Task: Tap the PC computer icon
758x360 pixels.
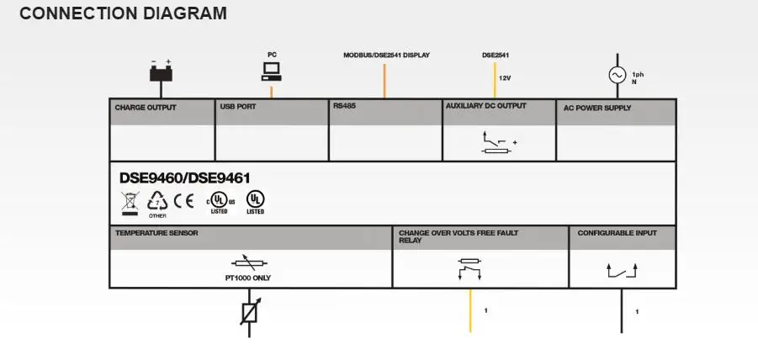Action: (271, 71)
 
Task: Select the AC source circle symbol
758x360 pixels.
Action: (618, 75)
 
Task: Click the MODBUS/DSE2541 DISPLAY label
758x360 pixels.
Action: (386, 55)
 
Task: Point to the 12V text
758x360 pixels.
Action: (505, 77)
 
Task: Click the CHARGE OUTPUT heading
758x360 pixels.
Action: (146, 108)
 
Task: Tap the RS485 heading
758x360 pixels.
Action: (344, 105)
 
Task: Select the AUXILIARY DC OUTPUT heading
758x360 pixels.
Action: (485, 105)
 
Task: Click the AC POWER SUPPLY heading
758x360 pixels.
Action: (597, 108)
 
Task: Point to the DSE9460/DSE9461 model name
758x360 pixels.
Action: (185, 177)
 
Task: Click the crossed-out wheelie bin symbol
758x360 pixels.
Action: (130, 203)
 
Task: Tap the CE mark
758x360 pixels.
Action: (183, 200)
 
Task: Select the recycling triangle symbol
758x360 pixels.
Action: (157, 201)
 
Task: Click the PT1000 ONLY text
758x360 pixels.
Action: (248, 278)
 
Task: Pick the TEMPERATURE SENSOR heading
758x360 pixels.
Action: (156, 233)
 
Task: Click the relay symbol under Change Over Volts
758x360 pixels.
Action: (469, 269)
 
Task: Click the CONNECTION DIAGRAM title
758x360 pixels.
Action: (124, 13)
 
